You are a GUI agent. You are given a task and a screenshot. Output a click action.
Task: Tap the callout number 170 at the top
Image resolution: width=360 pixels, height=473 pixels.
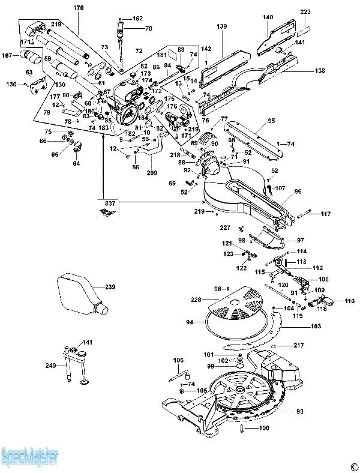(x=79, y=8)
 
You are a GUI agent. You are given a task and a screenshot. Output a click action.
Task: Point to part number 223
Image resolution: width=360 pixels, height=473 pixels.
(x=306, y=12)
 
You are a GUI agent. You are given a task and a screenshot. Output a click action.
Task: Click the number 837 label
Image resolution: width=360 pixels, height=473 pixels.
(x=109, y=203)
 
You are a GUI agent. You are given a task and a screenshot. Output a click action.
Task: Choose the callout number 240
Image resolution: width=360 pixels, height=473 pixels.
(x=50, y=365)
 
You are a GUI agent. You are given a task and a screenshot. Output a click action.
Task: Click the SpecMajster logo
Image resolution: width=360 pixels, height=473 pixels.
(x=29, y=459)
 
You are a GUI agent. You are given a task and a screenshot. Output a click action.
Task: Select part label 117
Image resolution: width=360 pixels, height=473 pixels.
(x=325, y=214)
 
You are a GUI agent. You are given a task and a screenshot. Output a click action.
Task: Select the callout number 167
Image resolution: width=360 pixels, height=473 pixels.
(x=7, y=56)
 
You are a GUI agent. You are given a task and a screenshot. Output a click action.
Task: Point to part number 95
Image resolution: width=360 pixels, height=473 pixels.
(x=271, y=121)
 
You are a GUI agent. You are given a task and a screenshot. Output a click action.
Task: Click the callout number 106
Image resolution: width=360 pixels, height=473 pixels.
(x=179, y=360)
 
